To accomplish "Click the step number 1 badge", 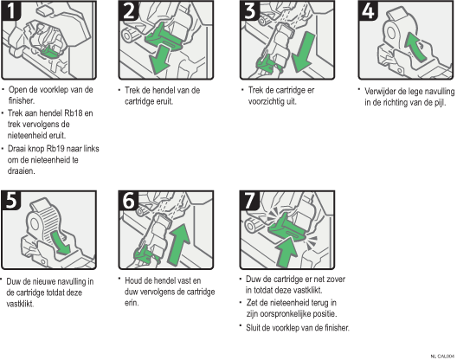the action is coord(11,10).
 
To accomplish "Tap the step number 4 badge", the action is coord(368,10).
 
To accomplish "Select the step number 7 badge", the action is coord(249,201).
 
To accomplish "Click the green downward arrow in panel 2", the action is coord(160,59).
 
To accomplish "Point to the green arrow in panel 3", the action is coord(303,53).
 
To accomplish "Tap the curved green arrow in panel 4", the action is coord(415,47).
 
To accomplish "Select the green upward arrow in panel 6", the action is coord(178,245).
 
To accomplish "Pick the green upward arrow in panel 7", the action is coord(286,252).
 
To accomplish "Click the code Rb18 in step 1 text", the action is coord(74,112).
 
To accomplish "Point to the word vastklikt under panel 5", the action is coord(20,304).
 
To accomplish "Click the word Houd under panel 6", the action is coord(133,280).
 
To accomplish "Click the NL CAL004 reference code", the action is coord(442,357).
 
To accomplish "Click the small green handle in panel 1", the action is coord(48,52).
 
